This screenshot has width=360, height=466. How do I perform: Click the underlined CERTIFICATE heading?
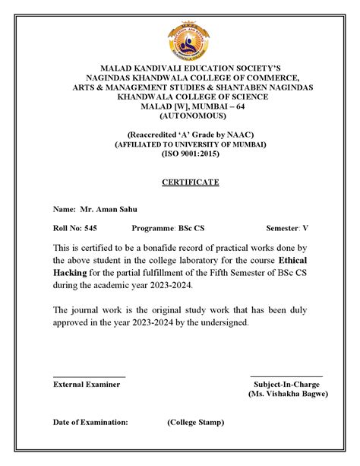click(190, 182)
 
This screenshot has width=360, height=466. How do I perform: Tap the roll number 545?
click(90, 228)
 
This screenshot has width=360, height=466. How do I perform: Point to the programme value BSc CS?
click(191, 228)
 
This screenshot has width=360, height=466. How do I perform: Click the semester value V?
click(306, 228)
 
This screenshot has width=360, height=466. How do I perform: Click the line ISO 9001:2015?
click(190, 154)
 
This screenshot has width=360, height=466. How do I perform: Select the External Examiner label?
click(86, 385)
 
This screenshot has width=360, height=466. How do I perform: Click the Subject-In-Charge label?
click(287, 385)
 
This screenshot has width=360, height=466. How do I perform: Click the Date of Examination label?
click(90, 421)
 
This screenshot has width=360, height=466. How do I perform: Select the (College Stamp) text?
click(197, 421)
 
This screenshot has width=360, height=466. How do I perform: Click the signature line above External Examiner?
click(89, 376)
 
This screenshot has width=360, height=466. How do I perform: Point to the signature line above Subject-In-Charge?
click(286, 376)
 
